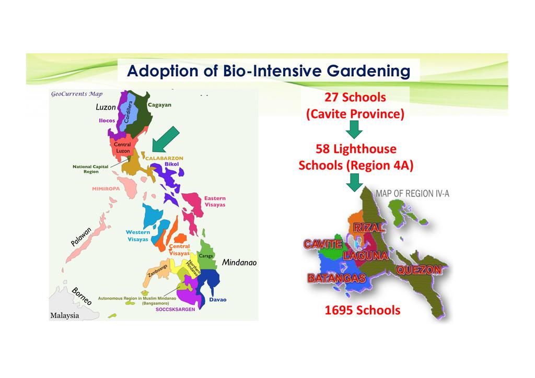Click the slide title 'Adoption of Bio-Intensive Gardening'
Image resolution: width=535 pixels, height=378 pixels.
tap(269, 70)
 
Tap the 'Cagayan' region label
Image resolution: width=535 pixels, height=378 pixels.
tap(159, 104)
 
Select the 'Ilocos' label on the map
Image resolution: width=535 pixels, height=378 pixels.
tap(107, 120)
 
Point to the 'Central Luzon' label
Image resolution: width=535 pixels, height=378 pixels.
tap(122, 148)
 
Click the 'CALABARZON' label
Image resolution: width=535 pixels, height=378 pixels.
tap(164, 158)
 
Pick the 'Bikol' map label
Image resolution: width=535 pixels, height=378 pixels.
tap(171, 164)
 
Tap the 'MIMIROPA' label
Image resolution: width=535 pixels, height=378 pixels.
tap(106, 188)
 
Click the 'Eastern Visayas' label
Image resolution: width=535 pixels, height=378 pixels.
tap(215, 202)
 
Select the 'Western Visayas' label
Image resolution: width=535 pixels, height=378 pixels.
tap(138, 235)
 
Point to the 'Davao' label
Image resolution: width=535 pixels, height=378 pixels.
tap(218, 300)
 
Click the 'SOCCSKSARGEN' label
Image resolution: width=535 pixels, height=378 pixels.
tap(176, 310)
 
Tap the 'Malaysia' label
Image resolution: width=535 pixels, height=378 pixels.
tap(64, 315)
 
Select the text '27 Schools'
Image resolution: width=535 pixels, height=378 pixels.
tap(355, 97)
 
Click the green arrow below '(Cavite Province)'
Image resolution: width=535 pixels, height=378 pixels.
tap(354, 130)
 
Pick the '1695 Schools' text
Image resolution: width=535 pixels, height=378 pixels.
tap(363, 310)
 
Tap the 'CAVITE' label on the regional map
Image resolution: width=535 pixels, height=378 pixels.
tap(323, 244)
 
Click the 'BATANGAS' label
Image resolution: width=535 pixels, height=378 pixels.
tap(336, 278)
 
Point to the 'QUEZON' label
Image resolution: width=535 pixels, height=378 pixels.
tap(418, 270)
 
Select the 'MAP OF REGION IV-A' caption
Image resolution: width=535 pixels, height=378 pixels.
tap(413, 194)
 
